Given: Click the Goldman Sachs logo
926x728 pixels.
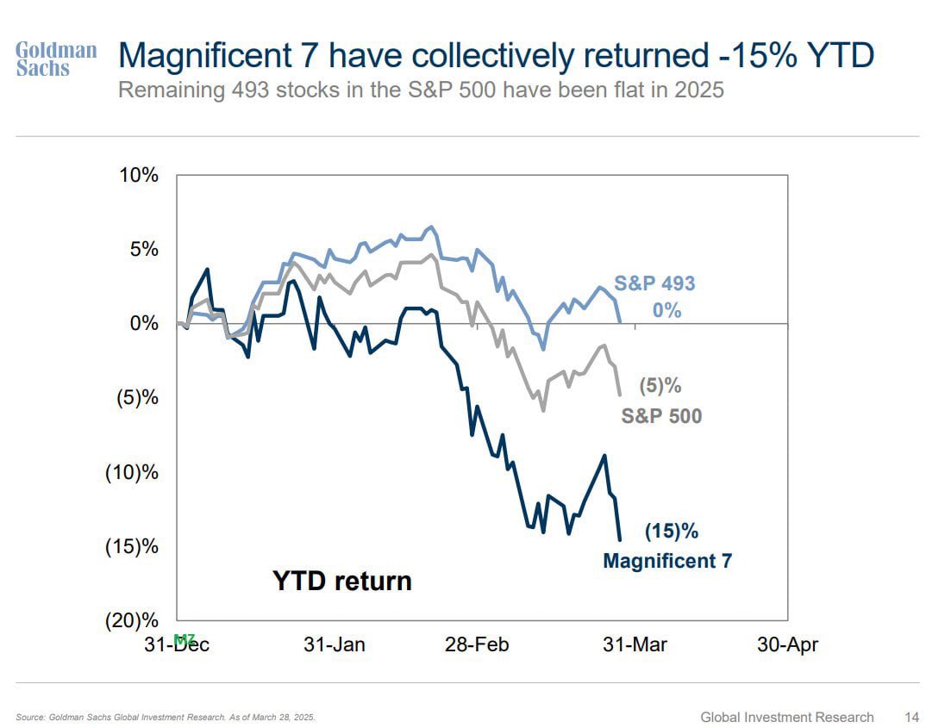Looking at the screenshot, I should (56, 59).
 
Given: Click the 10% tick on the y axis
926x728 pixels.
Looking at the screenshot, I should (138, 175).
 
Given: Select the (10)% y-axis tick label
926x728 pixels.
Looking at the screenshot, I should (132, 472).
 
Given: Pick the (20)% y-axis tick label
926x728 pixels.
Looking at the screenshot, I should (132, 620).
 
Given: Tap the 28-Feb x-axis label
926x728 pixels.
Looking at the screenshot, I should (477, 644).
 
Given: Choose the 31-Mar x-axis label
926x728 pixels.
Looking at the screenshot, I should (635, 644).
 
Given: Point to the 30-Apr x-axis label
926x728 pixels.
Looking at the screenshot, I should (786, 644).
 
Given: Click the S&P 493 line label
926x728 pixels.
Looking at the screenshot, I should (654, 283).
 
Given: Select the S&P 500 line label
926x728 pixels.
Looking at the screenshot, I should (661, 416).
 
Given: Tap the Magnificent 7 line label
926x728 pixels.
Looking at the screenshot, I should (667, 562).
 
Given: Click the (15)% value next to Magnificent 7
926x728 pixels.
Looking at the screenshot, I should (671, 532).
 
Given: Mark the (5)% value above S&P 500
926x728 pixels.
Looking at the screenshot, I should (660, 386).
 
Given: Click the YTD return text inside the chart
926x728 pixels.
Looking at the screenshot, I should (342, 581).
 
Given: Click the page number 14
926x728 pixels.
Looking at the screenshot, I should (911, 717).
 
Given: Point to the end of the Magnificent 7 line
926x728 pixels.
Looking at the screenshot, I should (619, 540).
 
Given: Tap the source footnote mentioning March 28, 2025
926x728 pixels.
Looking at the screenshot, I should (166, 717).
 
